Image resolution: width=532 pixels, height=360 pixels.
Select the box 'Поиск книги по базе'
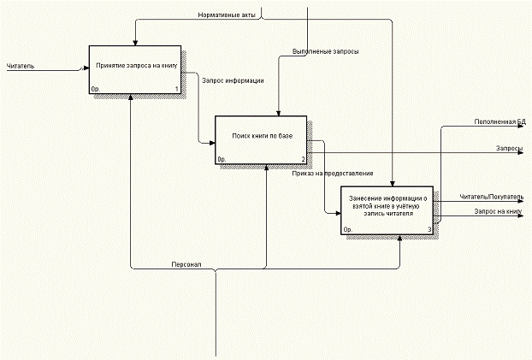pos(262,138)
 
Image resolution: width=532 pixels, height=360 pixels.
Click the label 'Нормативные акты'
pos(227,15)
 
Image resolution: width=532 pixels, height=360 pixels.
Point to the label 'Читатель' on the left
pos(21,66)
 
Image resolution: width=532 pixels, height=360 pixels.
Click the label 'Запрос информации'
pos(232,81)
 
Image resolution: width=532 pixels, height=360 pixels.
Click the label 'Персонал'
pos(186,263)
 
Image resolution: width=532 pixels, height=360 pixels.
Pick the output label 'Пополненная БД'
pos(499,123)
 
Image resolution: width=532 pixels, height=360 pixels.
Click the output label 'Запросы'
pos(510,148)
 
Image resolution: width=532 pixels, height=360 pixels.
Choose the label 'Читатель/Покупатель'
pos(490,197)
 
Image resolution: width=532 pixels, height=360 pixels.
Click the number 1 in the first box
pos(176,89)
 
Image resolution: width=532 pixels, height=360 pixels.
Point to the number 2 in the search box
pos(303,159)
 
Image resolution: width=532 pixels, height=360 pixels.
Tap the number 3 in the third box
pos(429,230)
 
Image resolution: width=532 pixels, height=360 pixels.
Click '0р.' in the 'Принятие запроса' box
pos(95,89)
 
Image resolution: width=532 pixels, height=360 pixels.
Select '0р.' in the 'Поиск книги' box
pos(221,159)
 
